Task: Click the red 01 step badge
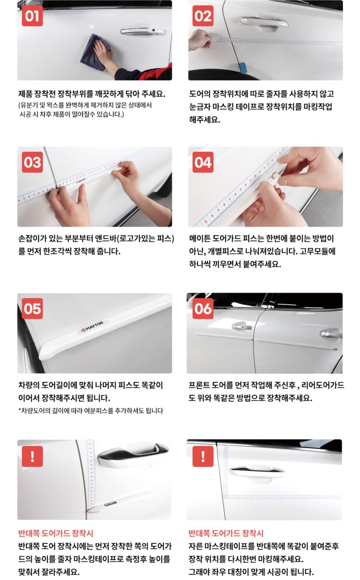coord(32,16)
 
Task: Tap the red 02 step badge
coord(203,16)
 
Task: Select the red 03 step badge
coord(32,162)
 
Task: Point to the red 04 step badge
coord(203,162)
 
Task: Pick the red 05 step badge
coord(32,308)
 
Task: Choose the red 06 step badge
coord(203,308)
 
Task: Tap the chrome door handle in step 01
coord(143,31)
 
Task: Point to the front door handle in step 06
coord(242,327)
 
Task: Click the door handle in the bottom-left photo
coord(133,452)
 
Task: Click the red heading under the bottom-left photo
coord(56,533)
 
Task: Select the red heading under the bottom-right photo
coord(226,533)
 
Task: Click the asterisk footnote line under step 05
coord(90,411)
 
